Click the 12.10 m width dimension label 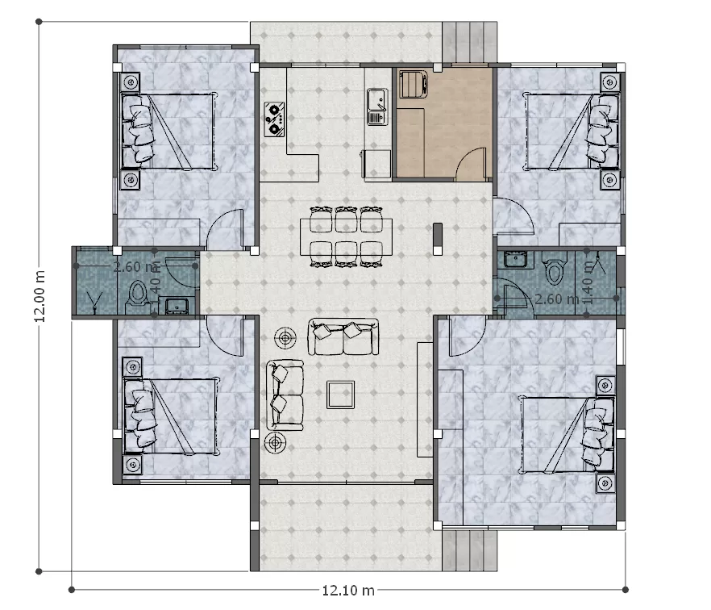tap(347, 590)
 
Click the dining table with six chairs tap(347, 236)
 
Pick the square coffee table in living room tap(341, 395)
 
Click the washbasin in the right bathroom tap(513, 259)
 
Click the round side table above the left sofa tap(285, 336)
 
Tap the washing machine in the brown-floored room tap(414, 83)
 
